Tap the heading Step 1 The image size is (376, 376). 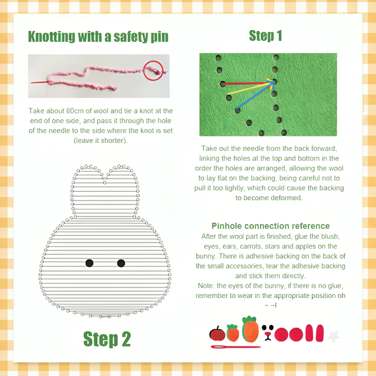click(x=265, y=36)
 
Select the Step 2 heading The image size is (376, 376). click(x=107, y=339)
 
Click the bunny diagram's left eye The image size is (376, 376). click(x=89, y=263)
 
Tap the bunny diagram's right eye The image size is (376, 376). click(x=121, y=263)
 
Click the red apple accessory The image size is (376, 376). click(x=217, y=333)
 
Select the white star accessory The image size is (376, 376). click(x=332, y=334)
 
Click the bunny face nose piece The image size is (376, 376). click(x=268, y=333)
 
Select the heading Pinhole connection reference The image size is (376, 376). click(x=270, y=226)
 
